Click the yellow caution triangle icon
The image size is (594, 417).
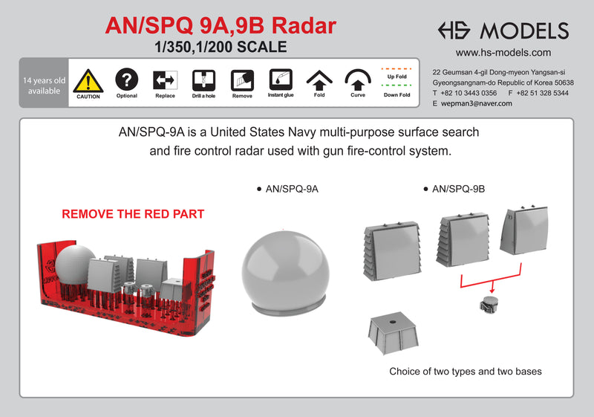[88, 80]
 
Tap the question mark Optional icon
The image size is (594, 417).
[127, 78]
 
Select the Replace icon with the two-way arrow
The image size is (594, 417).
[165, 80]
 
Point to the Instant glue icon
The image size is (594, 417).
[281, 79]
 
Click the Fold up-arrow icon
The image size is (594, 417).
[319, 80]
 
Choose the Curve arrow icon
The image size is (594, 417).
[358, 80]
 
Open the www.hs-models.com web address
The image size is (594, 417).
[503, 53]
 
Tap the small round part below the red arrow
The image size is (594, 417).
[487, 303]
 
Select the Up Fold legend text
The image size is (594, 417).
[397, 77]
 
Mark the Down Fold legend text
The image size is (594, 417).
[397, 95]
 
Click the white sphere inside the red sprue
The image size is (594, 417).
[75, 263]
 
